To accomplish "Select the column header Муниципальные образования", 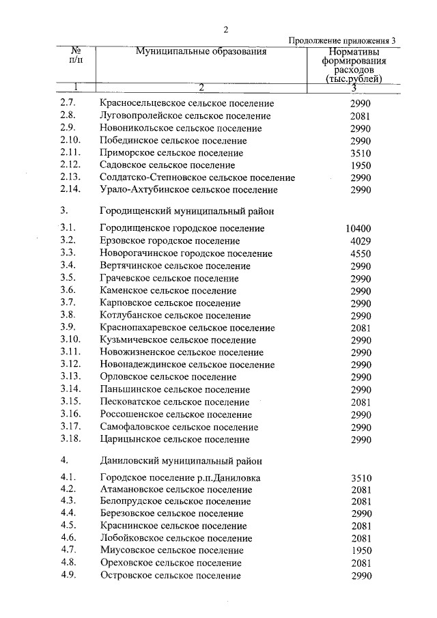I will (200, 52).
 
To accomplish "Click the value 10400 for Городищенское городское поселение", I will (359, 228).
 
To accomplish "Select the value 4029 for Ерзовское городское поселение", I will (360, 240).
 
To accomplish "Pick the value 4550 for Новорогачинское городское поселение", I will (360, 253).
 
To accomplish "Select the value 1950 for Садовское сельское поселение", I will (360, 165).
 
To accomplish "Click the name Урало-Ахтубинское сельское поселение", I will (188, 190).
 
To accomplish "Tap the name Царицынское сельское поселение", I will (174, 440).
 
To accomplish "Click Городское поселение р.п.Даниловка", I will (180, 477).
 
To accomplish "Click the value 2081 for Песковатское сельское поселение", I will (360, 402).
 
